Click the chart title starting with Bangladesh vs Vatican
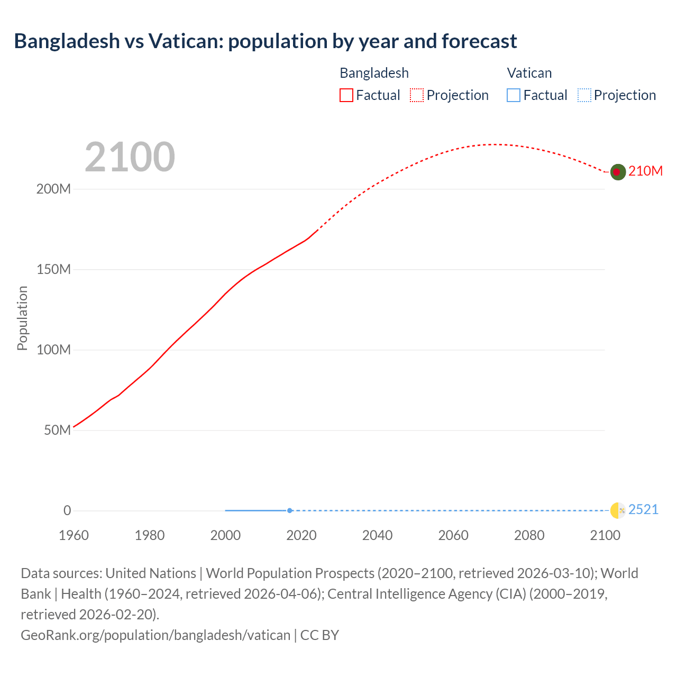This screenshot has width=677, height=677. [265, 41]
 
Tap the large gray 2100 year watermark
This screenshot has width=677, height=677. [130, 157]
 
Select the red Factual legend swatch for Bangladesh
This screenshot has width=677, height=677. [346, 95]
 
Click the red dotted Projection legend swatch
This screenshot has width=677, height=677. [417, 95]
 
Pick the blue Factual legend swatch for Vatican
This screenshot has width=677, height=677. [513, 95]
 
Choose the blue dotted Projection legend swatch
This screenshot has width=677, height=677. [584, 95]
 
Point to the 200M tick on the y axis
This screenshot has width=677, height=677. [53, 189]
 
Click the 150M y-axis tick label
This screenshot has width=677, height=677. [53, 270]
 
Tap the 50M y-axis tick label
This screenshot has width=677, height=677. [57, 430]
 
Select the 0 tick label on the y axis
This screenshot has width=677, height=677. [67, 510]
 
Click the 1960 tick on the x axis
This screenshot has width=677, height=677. [74, 535]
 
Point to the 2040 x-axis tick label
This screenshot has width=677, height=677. [377, 535]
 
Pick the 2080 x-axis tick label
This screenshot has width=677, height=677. [529, 535]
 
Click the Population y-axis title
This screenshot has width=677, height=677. [22, 318]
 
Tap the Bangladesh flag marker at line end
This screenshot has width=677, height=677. [618, 172]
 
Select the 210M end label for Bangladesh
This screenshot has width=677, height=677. [645, 171]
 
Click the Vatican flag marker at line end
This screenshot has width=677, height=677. [618, 510]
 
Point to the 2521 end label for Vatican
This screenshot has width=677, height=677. [643, 509]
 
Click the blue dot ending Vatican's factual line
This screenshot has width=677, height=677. [290, 510]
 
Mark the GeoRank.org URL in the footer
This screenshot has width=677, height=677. [155, 635]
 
